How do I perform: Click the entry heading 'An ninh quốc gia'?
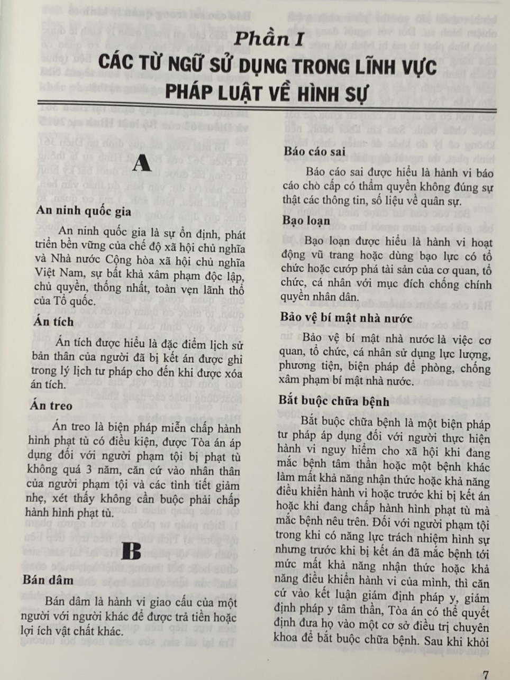(x=84, y=210)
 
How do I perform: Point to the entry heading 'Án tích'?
(x=52, y=322)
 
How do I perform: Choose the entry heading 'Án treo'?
(x=51, y=406)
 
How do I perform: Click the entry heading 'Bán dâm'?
(x=48, y=580)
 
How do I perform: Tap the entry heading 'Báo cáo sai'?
(x=314, y=151)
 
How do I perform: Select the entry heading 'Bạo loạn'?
(x=306, y=220)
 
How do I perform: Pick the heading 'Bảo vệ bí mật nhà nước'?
(x=347, y=317)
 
